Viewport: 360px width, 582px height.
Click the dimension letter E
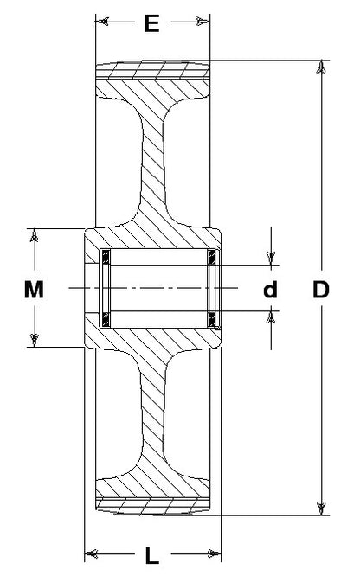[151, 23]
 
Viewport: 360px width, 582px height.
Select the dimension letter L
[151, 555]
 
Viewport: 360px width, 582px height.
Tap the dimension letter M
[34, 290]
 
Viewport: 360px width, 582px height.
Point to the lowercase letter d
[270, 290]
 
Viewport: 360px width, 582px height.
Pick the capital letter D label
[321, 290]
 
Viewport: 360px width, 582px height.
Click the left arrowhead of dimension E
[102, 22]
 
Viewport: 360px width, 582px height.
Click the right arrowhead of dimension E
[203, 22]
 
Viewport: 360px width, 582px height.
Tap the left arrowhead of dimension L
[91, 554]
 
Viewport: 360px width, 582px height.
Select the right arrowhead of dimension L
[215, 554]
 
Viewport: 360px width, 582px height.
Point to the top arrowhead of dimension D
[321, 67]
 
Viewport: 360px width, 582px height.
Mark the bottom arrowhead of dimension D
[321, 508]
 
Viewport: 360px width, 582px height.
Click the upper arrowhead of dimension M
[35, 235]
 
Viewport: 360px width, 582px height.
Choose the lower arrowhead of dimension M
[35, 340]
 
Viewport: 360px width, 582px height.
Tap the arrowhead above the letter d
[271, 259]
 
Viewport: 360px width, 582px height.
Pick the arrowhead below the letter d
[271, 317]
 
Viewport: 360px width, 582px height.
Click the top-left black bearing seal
[106, 257]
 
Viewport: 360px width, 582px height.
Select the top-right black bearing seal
[212, 257]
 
